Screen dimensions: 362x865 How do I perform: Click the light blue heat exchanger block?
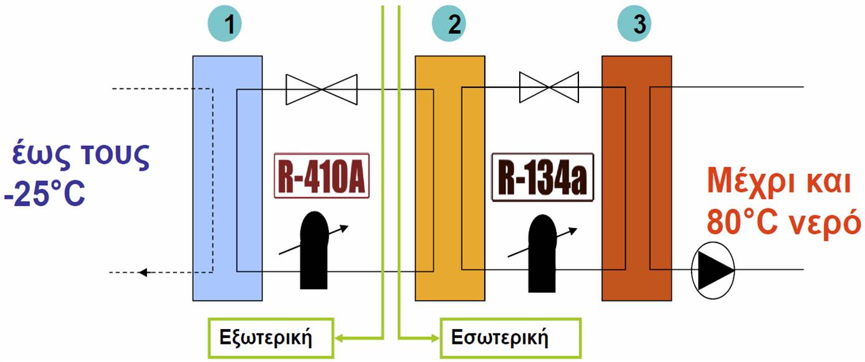pyautogui.click(x=227, y=178)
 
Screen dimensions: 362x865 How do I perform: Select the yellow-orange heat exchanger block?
pyautogui.click(x=449, y=178)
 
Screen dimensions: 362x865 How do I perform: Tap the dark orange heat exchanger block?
pyautogui.click(x=636, y=178)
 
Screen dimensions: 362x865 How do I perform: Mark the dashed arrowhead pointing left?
pyautogui.click(x=143, y=272)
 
